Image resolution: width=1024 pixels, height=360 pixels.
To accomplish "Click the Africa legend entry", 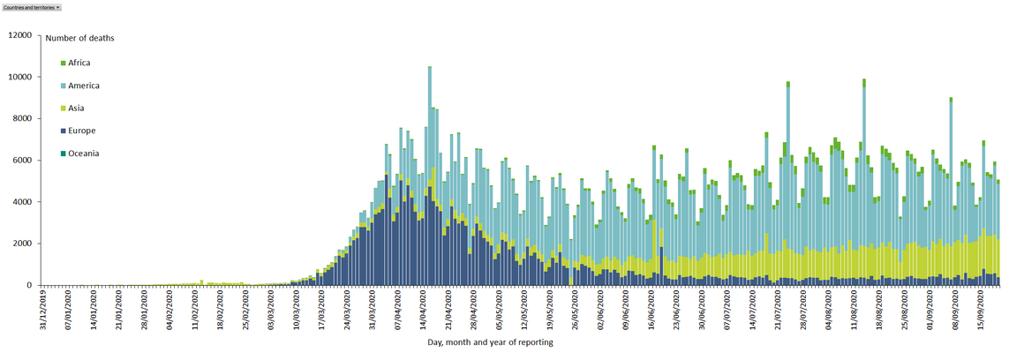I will coord(79,63).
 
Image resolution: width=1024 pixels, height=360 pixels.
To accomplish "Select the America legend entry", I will coord(83,86).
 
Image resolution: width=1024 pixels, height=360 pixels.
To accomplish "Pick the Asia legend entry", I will coord(76,109).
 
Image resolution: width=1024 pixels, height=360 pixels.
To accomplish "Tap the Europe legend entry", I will coord(81,131).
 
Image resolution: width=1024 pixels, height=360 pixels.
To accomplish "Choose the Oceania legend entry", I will coord(83,154).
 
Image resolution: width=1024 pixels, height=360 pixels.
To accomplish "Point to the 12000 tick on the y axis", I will coord(19,35).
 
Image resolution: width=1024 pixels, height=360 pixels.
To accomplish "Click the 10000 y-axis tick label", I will coord(19,77).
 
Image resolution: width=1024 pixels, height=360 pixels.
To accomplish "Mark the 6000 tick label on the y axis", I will coord(21,161).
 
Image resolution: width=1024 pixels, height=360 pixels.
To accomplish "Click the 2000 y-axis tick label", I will coord(21,244).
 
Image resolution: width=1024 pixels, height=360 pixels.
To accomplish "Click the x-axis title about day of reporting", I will coord(490,342).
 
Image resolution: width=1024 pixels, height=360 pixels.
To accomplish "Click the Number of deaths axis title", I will coord(79,38).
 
